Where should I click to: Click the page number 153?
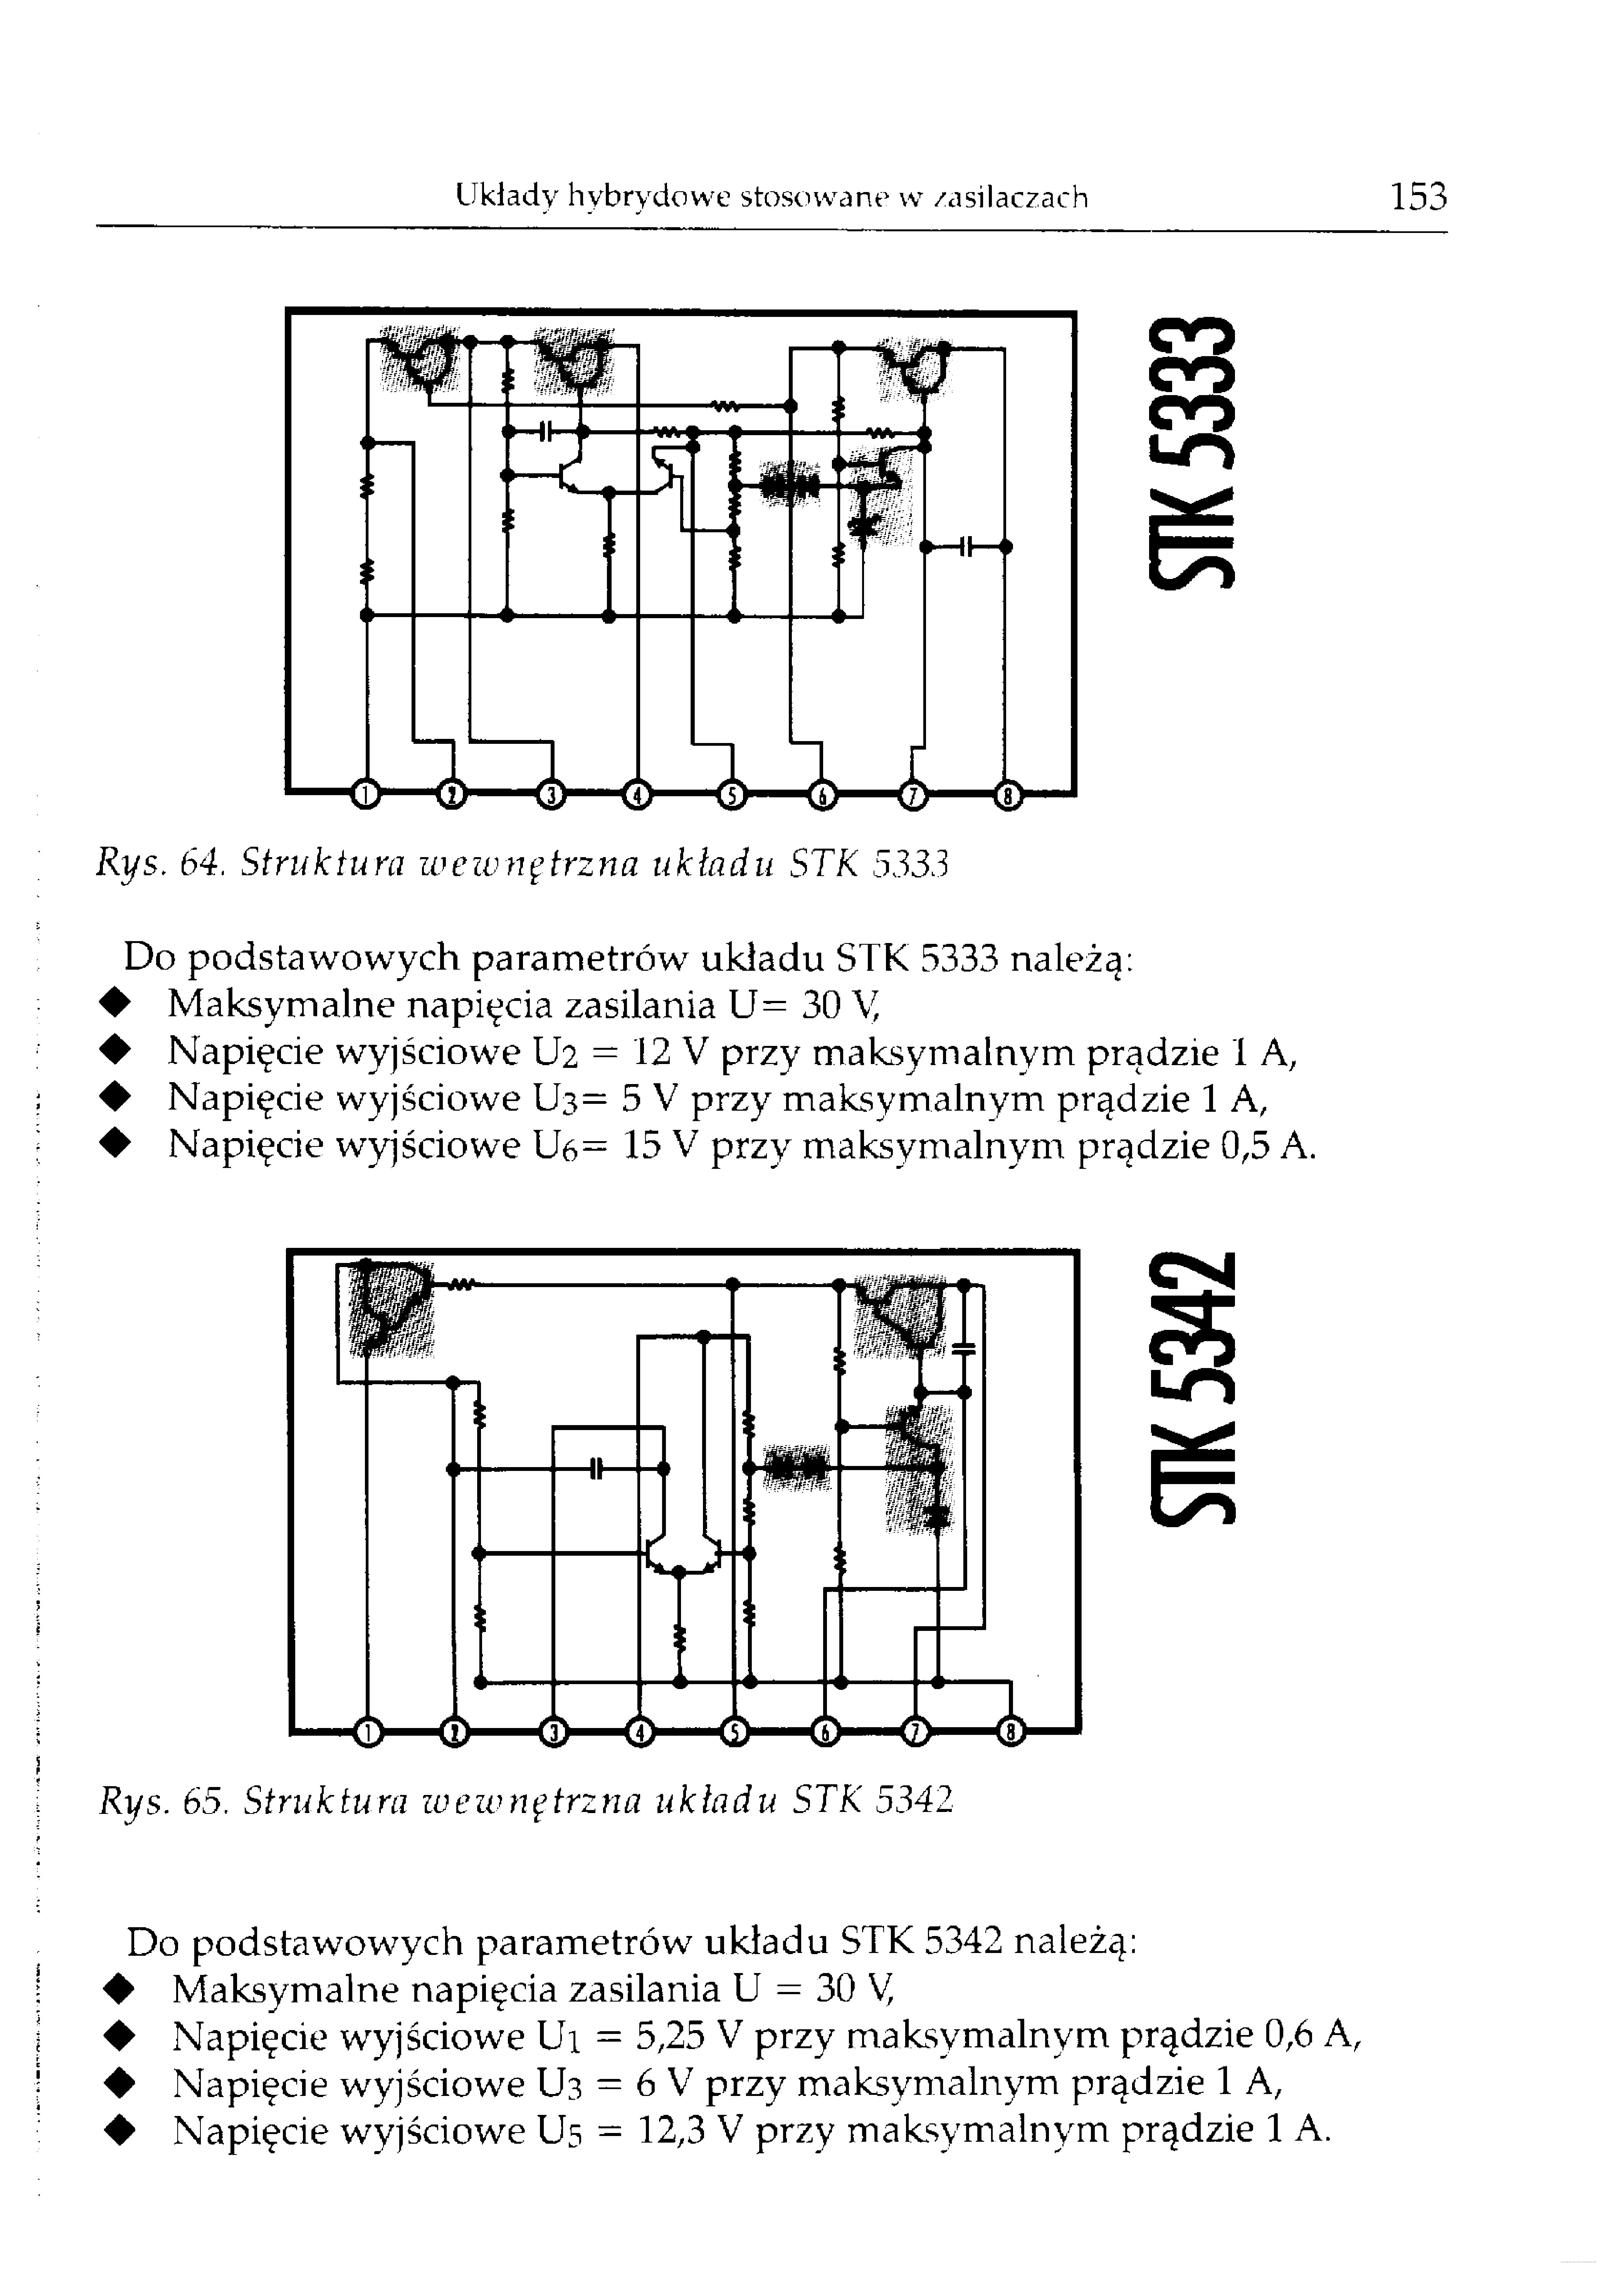(1418, 197)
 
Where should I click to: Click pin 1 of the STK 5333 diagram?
(366, 794)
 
